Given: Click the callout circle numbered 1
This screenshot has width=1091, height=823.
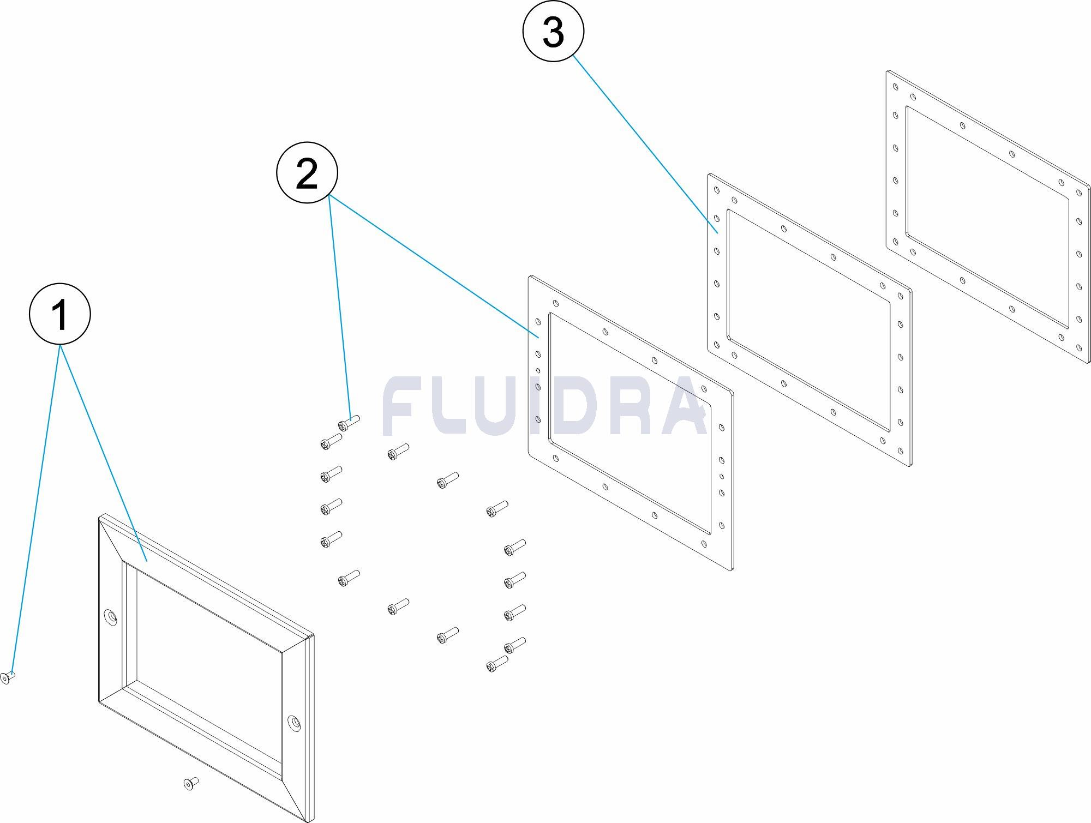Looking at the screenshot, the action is coord(59,314).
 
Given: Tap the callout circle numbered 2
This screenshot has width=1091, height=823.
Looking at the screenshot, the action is coord(307,172).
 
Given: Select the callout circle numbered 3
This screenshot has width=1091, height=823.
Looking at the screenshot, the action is coord(553,31).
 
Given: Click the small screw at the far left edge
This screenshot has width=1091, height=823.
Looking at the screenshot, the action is coord(7,677).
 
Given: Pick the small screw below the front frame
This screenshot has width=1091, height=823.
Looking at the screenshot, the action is coord(190,784).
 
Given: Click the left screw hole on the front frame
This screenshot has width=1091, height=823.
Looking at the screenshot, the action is coord(111,617).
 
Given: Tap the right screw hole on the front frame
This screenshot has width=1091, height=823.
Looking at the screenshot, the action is coord(295,723).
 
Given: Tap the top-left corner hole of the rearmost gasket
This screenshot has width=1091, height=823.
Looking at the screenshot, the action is coord(895,87).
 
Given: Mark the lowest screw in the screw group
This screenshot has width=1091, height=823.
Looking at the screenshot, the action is coord(497,664).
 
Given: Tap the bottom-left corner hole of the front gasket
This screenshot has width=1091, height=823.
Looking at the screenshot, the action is coord(538,419).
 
